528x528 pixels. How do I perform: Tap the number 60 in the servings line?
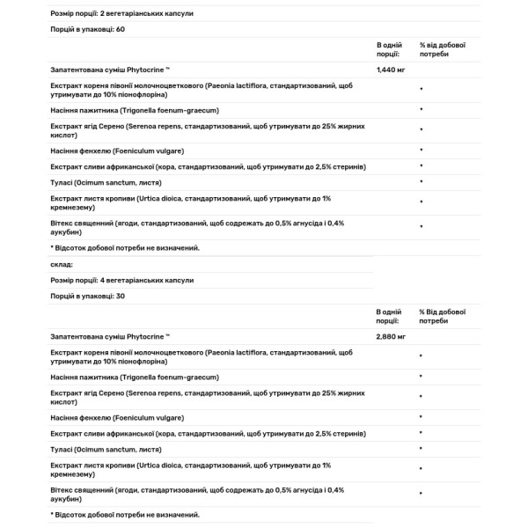tap(121, 29)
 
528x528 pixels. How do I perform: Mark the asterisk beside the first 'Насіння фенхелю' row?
tap(422, 150)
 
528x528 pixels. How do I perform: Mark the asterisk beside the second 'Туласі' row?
tap(422, 450)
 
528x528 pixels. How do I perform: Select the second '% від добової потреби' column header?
tap(442, 316)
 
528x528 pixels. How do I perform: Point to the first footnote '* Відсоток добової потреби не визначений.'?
tap(125, 247)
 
